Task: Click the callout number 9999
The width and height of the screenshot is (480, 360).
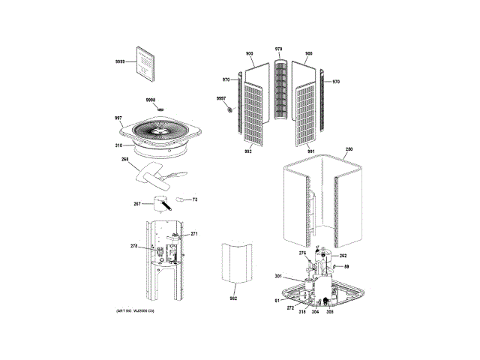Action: click(120, 61)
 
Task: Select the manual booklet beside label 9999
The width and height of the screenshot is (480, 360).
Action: click(144, 60)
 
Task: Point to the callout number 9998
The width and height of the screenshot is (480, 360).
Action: click(150, 100)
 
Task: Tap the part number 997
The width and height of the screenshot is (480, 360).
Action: click(118, 118)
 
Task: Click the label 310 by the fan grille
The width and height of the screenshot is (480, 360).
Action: click(118, 145)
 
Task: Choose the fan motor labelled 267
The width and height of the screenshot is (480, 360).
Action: click(160, 202)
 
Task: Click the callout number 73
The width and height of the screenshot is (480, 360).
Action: click(194, 199)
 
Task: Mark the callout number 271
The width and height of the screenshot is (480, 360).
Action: click(194, 234)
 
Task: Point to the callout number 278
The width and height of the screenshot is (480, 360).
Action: click(134, 247)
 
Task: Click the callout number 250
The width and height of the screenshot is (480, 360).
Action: click(349, 151)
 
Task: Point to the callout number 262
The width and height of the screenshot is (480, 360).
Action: click(343, 255)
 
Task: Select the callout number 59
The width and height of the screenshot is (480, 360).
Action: click(346, 267)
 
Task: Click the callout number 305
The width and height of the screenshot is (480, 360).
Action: click(328, 311)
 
